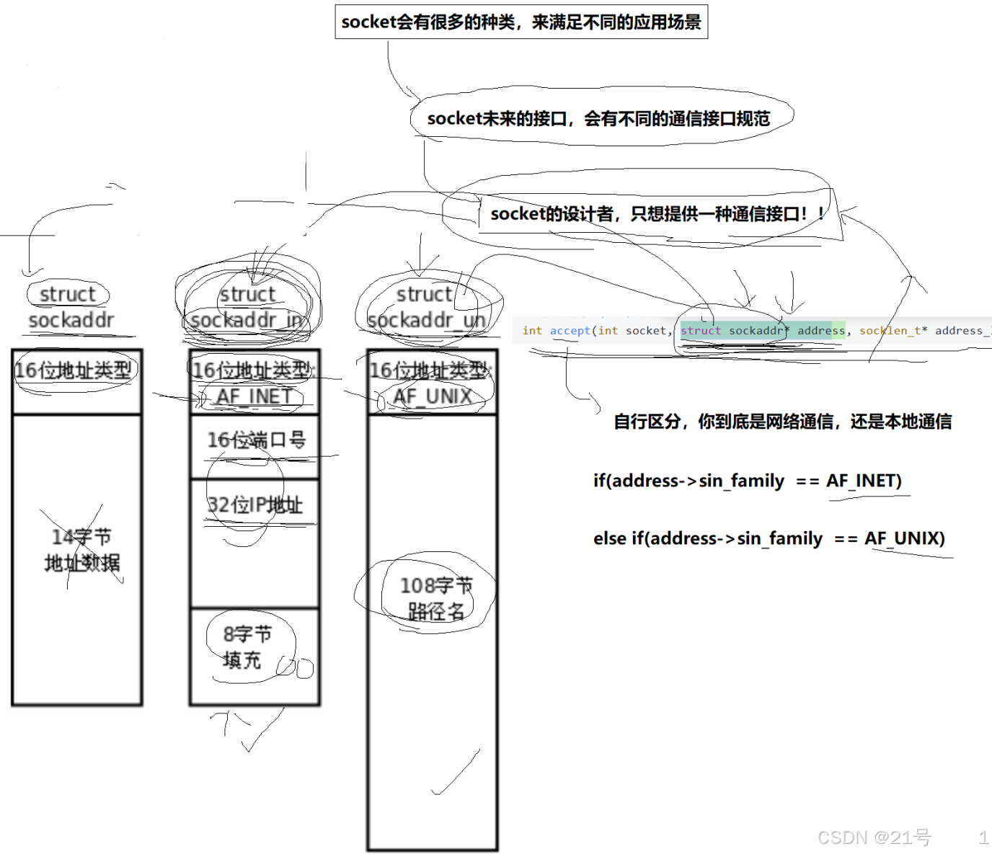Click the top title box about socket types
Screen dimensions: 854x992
click(x=521, y=22)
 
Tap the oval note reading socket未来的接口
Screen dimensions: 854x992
click(x=598, y=118)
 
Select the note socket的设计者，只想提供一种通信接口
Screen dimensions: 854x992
click(x=656, y=213)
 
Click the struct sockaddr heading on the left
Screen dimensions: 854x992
click(x=70, y=307)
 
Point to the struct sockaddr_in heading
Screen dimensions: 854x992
click(x=247, y=307)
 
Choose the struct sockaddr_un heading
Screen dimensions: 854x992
click(x=426, y=307)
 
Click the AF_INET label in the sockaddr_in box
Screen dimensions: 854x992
click(x=254, y=396)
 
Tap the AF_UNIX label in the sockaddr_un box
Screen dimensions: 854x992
click(x=433, y=396)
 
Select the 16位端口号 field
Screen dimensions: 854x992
click(x=256, y=440)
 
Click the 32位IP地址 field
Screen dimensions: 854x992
click(x=254, y=504)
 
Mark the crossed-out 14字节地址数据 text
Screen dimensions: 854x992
click(x=81, y=549)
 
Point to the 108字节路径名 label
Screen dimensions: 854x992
click(x=435, y=598)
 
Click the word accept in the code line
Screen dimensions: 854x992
click(x=570, y=331)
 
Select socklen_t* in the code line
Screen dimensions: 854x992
click(x=893, y=331)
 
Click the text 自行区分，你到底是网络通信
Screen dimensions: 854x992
click(x=782, y=422)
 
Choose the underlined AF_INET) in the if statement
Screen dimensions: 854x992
click(x=864, y=481)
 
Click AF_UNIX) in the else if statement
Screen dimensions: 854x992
click(x=904, y=538)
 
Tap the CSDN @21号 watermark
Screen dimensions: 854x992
click(x=874, y=837)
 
